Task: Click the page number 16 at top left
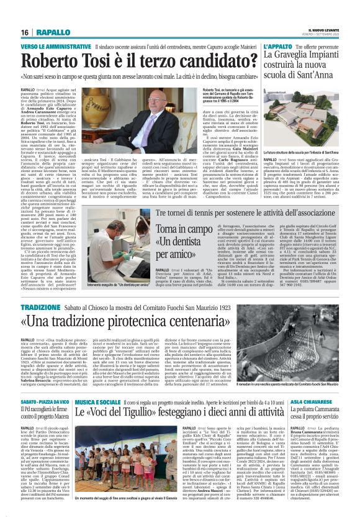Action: point(25,32)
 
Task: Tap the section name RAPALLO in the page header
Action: point(53,32)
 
